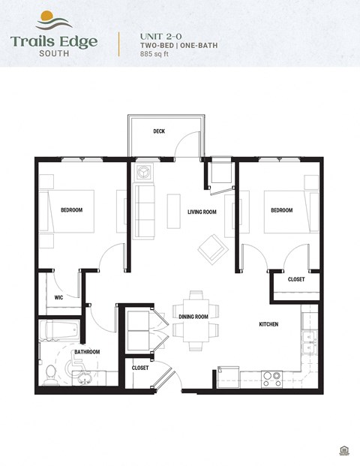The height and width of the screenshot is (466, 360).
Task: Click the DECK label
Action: tap(159, 131)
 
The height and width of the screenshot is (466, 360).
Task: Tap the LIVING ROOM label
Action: tap(202, 212)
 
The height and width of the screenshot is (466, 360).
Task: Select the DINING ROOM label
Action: tap(193, 317)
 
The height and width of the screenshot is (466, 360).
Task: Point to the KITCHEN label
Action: tap(268, 324)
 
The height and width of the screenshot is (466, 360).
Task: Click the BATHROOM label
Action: tap(86, 352)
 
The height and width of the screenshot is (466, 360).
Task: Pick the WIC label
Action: tap(58, 297)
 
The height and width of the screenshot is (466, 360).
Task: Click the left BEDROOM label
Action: tap(71, 210)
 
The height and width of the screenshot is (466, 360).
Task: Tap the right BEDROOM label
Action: tap(281, 210)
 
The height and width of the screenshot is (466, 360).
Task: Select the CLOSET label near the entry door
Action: tap(140, 368)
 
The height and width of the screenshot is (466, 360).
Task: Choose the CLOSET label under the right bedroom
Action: tap(296, 279)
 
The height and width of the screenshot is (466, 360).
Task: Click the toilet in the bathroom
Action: tap(52, 371)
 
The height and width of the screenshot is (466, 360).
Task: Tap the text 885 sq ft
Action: tap(154, 55)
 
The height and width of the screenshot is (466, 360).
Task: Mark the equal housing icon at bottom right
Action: tap(344, 449)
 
